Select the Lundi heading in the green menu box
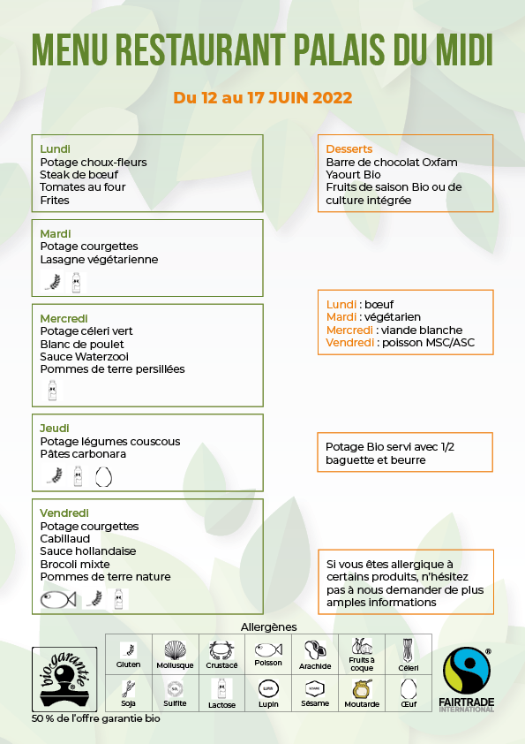click(55, 149)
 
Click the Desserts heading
click(349, 149)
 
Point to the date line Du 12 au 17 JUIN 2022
click(263, 98)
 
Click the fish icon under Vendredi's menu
click(58, 600)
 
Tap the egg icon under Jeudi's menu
click(104, 477)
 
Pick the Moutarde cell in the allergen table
click(363, 693)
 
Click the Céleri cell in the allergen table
click(408, 654)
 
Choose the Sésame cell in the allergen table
click(315, 693)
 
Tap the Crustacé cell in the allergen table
click(222, 654)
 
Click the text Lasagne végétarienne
click(99, 260)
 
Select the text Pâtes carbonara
click(83, 454)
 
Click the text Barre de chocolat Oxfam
click(391, 163)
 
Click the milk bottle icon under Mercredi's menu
click(52, 390)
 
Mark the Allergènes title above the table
click(268, 626)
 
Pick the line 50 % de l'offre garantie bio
click(95, 718)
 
